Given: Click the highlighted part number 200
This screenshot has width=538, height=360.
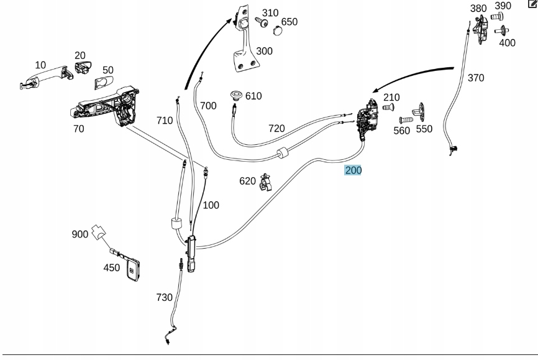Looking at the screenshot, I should tap(353, 170).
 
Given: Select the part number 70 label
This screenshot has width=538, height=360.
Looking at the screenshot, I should tap(78, 129).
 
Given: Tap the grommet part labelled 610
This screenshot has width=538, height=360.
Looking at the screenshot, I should tap(236, 95).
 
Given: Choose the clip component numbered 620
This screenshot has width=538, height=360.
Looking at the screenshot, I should tap(267, 183).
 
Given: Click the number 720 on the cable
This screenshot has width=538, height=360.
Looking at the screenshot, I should tap(276, 129).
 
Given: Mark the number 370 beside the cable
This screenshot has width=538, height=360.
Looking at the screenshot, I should tap(475, 78).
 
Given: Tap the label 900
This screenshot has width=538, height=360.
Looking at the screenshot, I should tap(80, 234).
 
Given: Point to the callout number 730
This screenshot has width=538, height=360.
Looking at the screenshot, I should tap(165, 298).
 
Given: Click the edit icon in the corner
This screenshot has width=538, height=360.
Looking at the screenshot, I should tap(532, 5).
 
